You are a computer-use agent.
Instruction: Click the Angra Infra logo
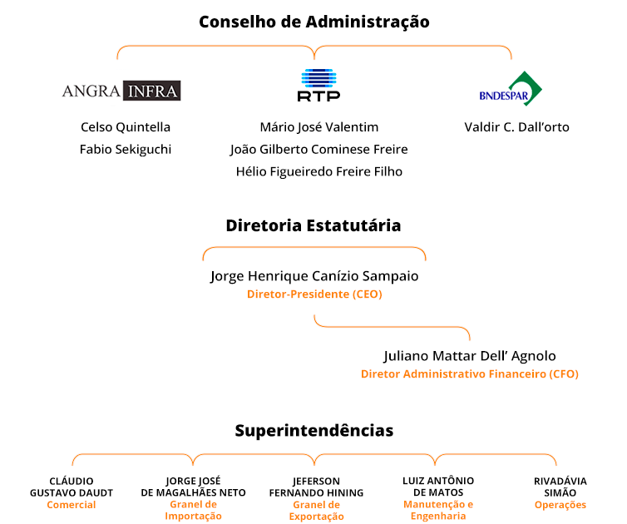(121, 91)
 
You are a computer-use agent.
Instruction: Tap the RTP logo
(318, 85)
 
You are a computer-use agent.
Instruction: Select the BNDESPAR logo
(511, 89)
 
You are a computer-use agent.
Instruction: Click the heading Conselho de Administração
(314, 22)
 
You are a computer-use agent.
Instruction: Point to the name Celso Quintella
(126, 127)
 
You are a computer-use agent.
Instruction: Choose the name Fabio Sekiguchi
(126, 150)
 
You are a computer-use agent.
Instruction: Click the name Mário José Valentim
(319, 127)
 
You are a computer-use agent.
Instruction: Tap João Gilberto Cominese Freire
(319, 150)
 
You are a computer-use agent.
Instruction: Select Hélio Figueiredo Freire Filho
(319, 171)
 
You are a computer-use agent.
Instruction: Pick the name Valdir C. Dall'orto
(516, 127)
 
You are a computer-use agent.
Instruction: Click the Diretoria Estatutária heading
(313, 225)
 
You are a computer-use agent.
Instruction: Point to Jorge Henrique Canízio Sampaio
(314, 276)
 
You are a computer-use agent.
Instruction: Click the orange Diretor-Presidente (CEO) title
(314, 294)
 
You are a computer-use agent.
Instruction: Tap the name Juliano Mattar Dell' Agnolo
(470, 356)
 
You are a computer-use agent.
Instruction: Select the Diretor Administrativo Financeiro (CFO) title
(470, 374)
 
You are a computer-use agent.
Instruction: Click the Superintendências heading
(314, 431)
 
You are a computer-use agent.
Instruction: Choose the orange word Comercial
(72, 505)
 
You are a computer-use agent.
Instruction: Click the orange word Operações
(560, 505)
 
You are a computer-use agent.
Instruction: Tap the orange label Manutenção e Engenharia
(438, 511)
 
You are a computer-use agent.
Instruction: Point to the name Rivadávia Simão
(560, 487)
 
